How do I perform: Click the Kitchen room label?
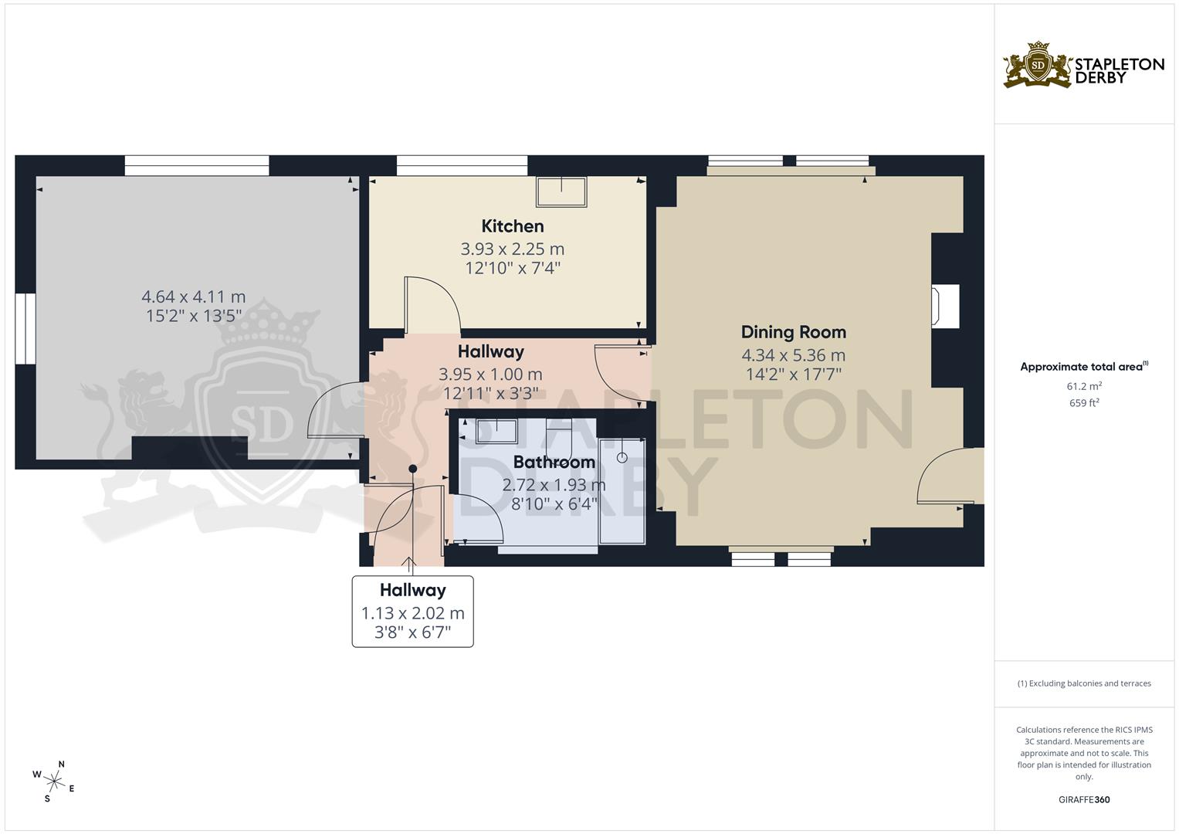click(x=513, y=226)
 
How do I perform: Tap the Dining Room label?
click(x=793, y=332)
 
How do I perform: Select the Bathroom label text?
click(x=554, y=463)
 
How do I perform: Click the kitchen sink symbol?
click(x=561, y=191)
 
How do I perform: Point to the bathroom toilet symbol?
click(x=557, y=435)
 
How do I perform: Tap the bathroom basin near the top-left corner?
click(x=496, y=429)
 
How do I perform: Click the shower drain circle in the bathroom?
click(x=622, y=457)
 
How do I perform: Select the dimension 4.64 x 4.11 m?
click(x=194, y=297)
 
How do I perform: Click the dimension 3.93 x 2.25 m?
click(x=513, y=249)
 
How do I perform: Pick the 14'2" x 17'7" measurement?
click(x=793, y=375)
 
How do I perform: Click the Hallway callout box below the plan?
click(x=412, y=611)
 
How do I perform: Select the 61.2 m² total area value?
click(x=1084, y=385)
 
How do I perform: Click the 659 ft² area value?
click(x=1084, y=402)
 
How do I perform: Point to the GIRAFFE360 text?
click(x=1084, y=799)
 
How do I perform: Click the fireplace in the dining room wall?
click(x=945, y=304)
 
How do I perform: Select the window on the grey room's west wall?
click(x=25, y=328)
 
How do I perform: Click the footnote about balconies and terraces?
click(x=1084, y=683)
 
